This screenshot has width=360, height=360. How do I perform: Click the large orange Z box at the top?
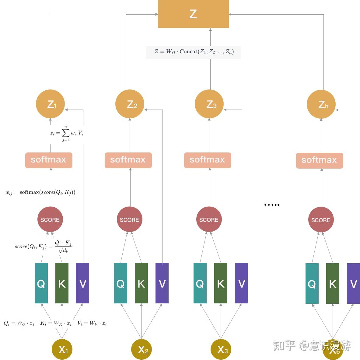[193, 14]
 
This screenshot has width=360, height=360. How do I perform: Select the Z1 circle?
[51, 104]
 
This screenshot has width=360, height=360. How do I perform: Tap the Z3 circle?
[209, 104]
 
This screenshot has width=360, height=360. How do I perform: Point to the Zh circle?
[321, 104]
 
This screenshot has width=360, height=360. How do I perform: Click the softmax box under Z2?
[128, 160]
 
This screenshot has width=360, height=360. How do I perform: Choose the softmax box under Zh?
[320, 160]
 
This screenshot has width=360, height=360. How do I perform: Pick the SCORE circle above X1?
[50, 219]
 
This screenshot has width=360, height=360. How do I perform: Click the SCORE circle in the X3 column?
[209, 219]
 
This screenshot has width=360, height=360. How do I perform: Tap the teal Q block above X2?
[121, 283]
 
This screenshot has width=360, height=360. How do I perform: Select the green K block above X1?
[62, 283]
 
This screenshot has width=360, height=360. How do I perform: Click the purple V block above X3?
[241, 283]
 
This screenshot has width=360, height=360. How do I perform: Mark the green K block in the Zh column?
[333, 283]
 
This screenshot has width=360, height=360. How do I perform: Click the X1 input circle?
[62, 349]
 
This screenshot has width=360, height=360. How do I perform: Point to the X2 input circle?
[142, 349]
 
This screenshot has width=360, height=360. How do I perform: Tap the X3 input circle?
[221, 349]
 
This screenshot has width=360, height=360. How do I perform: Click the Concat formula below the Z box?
[194, 52]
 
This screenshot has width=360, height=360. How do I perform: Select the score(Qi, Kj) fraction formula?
[43, 246]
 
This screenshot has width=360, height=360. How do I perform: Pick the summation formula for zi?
[67, 133]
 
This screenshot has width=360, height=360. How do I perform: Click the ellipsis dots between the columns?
[272, 205]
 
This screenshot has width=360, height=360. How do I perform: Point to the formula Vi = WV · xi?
[92, 323]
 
